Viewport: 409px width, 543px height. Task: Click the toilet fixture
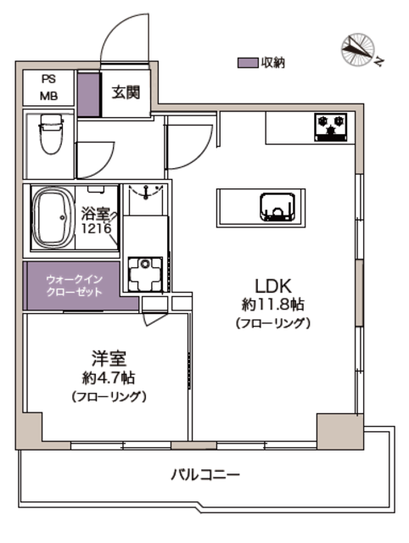51,134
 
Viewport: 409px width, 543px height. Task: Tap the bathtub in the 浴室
53,217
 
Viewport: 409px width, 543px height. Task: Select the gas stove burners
330,127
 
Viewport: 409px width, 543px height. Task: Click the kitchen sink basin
277,207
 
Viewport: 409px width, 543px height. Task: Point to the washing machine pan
145,273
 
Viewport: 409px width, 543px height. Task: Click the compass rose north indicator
358,49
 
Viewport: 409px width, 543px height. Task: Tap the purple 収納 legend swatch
248,63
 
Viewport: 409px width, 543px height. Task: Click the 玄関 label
126,92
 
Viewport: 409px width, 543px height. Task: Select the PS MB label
49,87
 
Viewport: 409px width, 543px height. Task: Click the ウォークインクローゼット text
74,286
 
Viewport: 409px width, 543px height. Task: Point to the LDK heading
273,286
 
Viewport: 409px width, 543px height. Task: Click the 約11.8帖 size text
273,305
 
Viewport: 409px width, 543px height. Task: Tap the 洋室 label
109,358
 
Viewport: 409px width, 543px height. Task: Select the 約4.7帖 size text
109,378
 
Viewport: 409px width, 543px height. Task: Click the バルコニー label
205,474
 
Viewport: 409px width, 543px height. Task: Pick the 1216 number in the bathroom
96,228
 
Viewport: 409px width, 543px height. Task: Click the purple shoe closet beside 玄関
88,94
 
